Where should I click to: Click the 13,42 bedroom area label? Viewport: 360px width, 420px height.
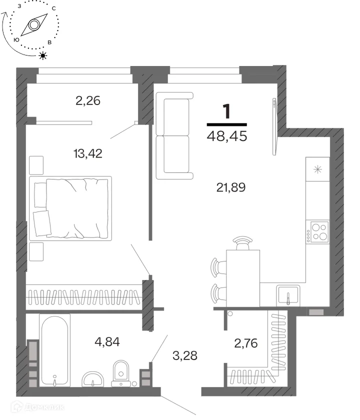click(x=88, y=154)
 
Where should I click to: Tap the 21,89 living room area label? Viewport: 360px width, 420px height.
click(x=231, y=187)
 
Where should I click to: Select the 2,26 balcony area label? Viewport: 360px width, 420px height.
click(x=88, y=100)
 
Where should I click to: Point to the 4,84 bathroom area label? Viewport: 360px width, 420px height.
click(x=107, y=342)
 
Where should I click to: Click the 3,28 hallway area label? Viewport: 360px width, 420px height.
click(x=185, y=355)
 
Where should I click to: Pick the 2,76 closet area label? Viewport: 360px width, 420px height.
click(x=246, y=343)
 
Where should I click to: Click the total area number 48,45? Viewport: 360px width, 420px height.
click(x=227, y=136)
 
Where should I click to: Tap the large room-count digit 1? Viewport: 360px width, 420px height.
click(x=226, y=111)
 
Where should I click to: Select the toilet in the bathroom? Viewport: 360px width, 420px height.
click(x=121, y=373)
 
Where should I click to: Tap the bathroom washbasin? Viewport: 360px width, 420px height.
click(x=92, y=379)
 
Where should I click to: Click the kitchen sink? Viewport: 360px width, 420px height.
click(x=288, y=295)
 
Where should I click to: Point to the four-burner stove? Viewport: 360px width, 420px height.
click(x=317, y=232)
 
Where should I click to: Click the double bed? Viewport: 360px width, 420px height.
click(x=70, y=208)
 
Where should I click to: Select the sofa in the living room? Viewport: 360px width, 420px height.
click(x=174, y=135)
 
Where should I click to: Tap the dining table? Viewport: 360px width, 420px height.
click(x=243, y=278)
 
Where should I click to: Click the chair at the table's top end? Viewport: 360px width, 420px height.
click(x=242, y=243)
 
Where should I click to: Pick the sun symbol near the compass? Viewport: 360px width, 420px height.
click(x=43, y=55)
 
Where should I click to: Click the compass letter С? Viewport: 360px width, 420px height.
click(x=54, y=8)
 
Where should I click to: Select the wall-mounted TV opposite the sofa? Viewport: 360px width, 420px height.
click(x=274, y=126)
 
